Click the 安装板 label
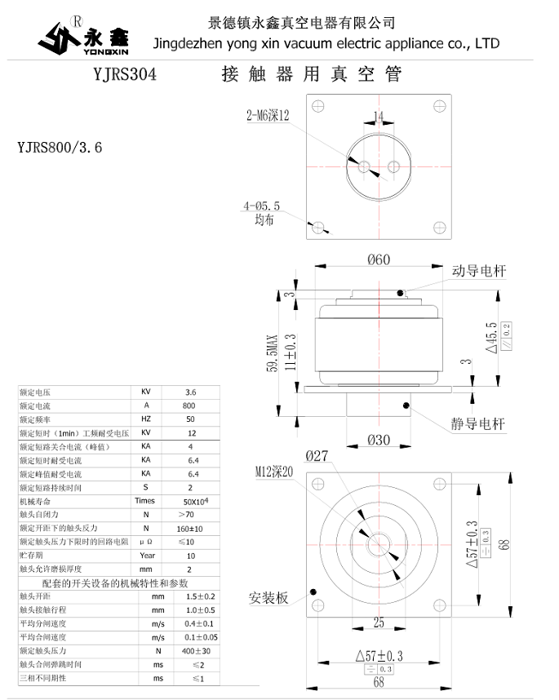(268, 598)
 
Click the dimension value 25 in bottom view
(378, 622)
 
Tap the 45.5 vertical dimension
(491, 334)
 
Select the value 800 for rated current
(189, 405)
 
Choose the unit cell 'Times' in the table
(144, 501)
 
